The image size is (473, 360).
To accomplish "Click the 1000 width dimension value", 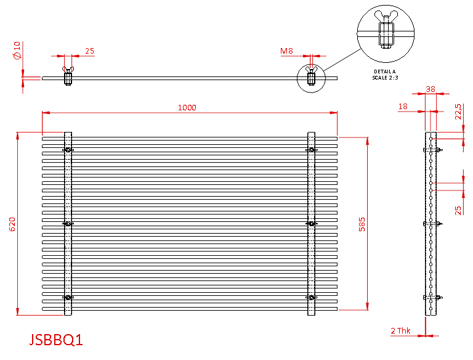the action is pyautogui.click(x=187, y=107).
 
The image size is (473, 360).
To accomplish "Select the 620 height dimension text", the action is pyautogui.click(x=12, y=224).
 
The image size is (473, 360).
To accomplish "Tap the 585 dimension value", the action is pyautogui.click(x=362, y=224).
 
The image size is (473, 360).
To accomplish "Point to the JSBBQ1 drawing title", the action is pyautogui.click(x=56, y=340).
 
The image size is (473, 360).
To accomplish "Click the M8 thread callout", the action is pyautogui.click(x=286, y=51).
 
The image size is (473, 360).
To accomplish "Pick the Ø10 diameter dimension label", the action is pyautogui.click(x=17, y=51).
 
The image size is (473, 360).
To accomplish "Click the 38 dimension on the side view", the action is pyautogui.click(x=431, y=89).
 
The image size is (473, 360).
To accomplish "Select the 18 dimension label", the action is pyautogui.click(x=403, y=106).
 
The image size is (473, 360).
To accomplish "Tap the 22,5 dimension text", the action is pyautogui.click(x=458, y=112).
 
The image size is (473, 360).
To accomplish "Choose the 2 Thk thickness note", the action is pyautogui.click(x=400, y=330).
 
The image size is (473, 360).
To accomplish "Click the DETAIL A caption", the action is pyautogui.click(x=384, y=72).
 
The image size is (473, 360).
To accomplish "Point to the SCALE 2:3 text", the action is pyautogui.click(x=385, y=78).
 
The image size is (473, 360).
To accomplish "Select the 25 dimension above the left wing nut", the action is pyautogui.click(x=89, y=51).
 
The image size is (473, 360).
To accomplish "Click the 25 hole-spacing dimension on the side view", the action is pyautogui.click(x=458, y=210).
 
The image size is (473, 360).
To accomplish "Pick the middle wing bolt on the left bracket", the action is pyautogui.click(x=68, y=224).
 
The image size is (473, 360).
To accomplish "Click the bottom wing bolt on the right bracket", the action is pyautogui.click(x=311, y=298).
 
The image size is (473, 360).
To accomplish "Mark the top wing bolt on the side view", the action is pyautogui.click(x=433, y=150).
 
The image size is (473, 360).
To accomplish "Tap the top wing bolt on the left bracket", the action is pyautogui.click(x=68, y=150).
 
